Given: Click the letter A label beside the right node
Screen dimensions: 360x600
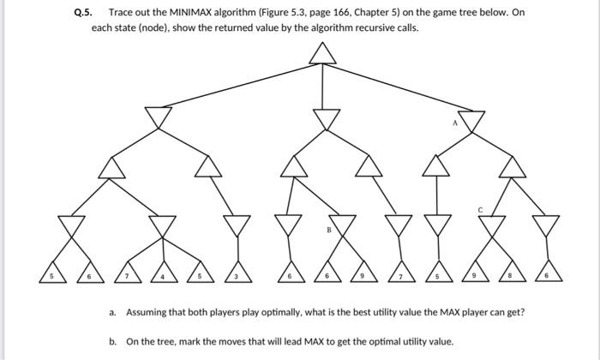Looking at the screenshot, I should pyautogui.click(x=456, y=123).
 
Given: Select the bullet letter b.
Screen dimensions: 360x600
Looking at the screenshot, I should pyautogui.click(x=112, y=341).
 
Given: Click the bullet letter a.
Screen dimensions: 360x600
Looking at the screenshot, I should pyautogui.click(x=112, y=313).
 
